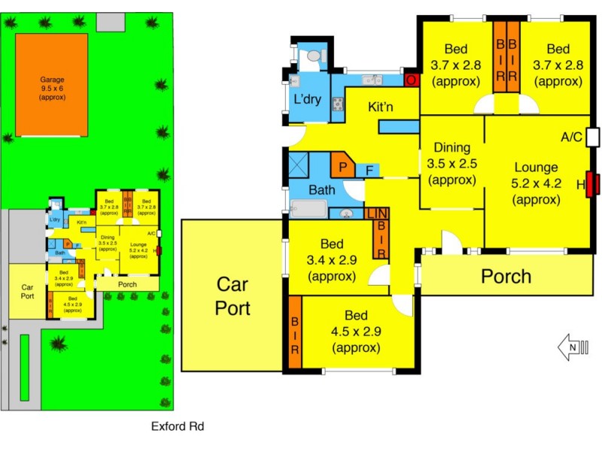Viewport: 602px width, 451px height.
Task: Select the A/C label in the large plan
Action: click(573, 138)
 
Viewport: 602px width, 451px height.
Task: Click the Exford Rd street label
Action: click(178, 426)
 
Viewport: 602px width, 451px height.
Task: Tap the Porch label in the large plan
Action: click(506, 276)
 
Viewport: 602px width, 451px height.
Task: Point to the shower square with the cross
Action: click(299, 164)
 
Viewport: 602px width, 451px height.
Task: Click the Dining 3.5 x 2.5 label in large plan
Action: click(451, 164)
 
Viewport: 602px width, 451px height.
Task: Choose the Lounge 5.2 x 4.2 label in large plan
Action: click(536, 183)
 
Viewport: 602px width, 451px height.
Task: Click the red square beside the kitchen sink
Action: click(412, 80)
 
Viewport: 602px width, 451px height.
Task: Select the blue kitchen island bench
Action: click(398, 126)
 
